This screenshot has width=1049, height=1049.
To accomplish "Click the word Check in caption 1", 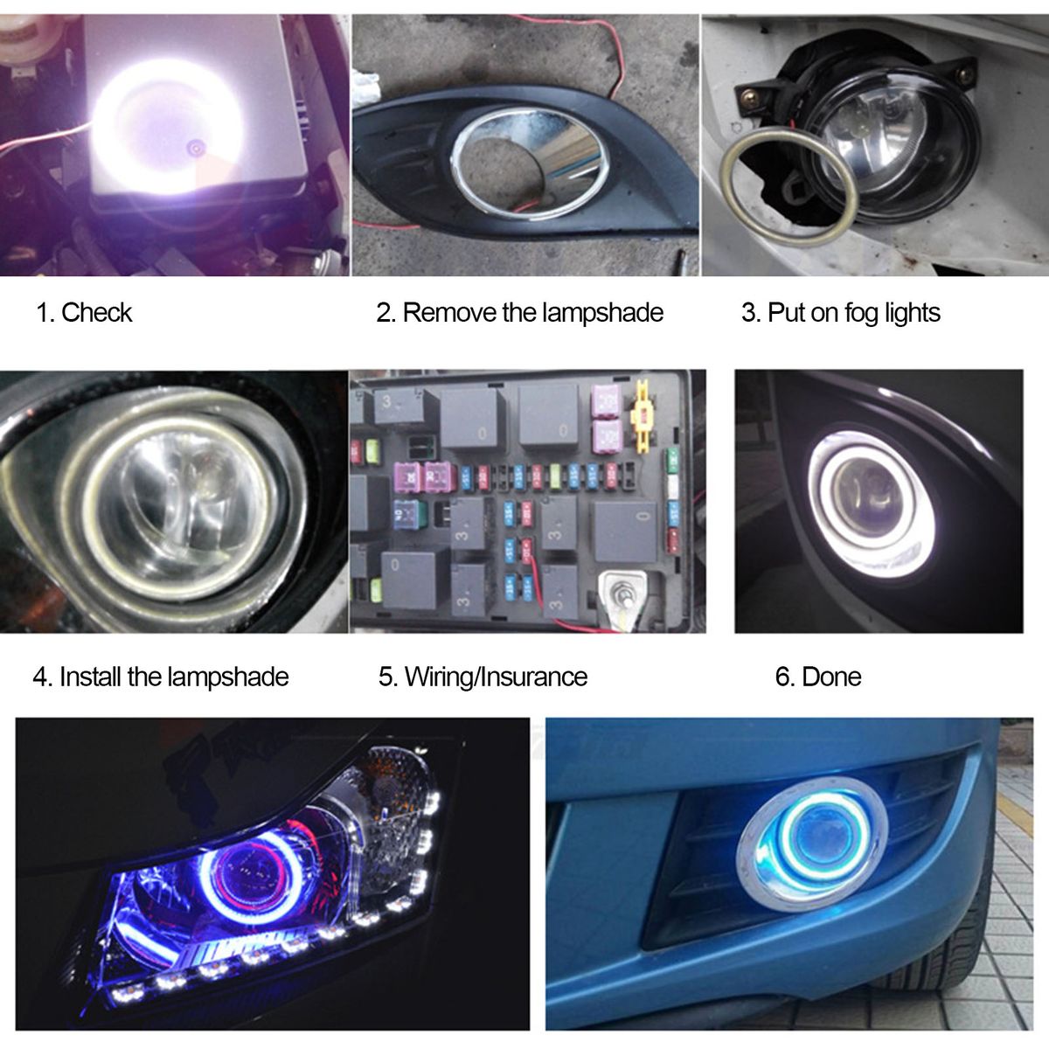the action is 96,312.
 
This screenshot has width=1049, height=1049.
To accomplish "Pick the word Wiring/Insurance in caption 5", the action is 496,677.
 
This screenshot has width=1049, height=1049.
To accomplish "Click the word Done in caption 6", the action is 832,677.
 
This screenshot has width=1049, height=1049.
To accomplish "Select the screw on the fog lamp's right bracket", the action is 964,73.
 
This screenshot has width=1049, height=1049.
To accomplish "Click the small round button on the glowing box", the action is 194,145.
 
